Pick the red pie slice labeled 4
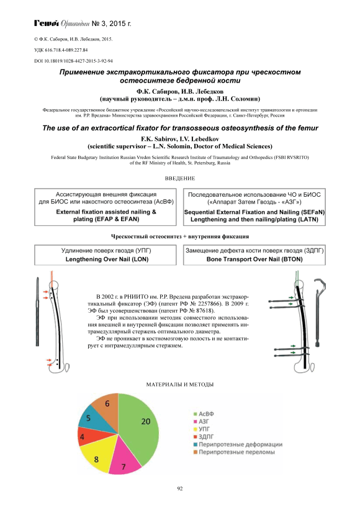(x=86, y=436)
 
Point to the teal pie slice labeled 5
(x=92, y=419)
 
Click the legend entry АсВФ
(x=204, y=414)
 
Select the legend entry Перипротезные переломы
(x=234, y=452)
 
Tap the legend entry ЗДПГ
(x=204, y=436)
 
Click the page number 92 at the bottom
(x=180, y=489)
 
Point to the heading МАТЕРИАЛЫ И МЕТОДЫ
(x=180, y=385)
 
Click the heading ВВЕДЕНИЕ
(x=180, y=178)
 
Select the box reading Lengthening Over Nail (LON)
(x=106, y=255)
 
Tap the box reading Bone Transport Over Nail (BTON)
(x=254, y=255)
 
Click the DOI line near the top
(x=73, y=61)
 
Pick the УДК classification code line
(x=61, y=50)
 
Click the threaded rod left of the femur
(x=37, y=312)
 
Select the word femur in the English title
(x=309, y=128)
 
